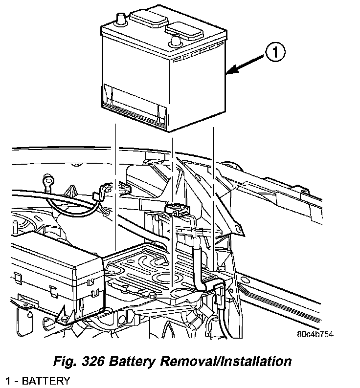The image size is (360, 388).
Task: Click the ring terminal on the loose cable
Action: (48, 183)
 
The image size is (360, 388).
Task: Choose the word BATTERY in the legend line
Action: (47, 381)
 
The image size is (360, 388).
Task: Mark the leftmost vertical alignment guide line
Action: (116, 186)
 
